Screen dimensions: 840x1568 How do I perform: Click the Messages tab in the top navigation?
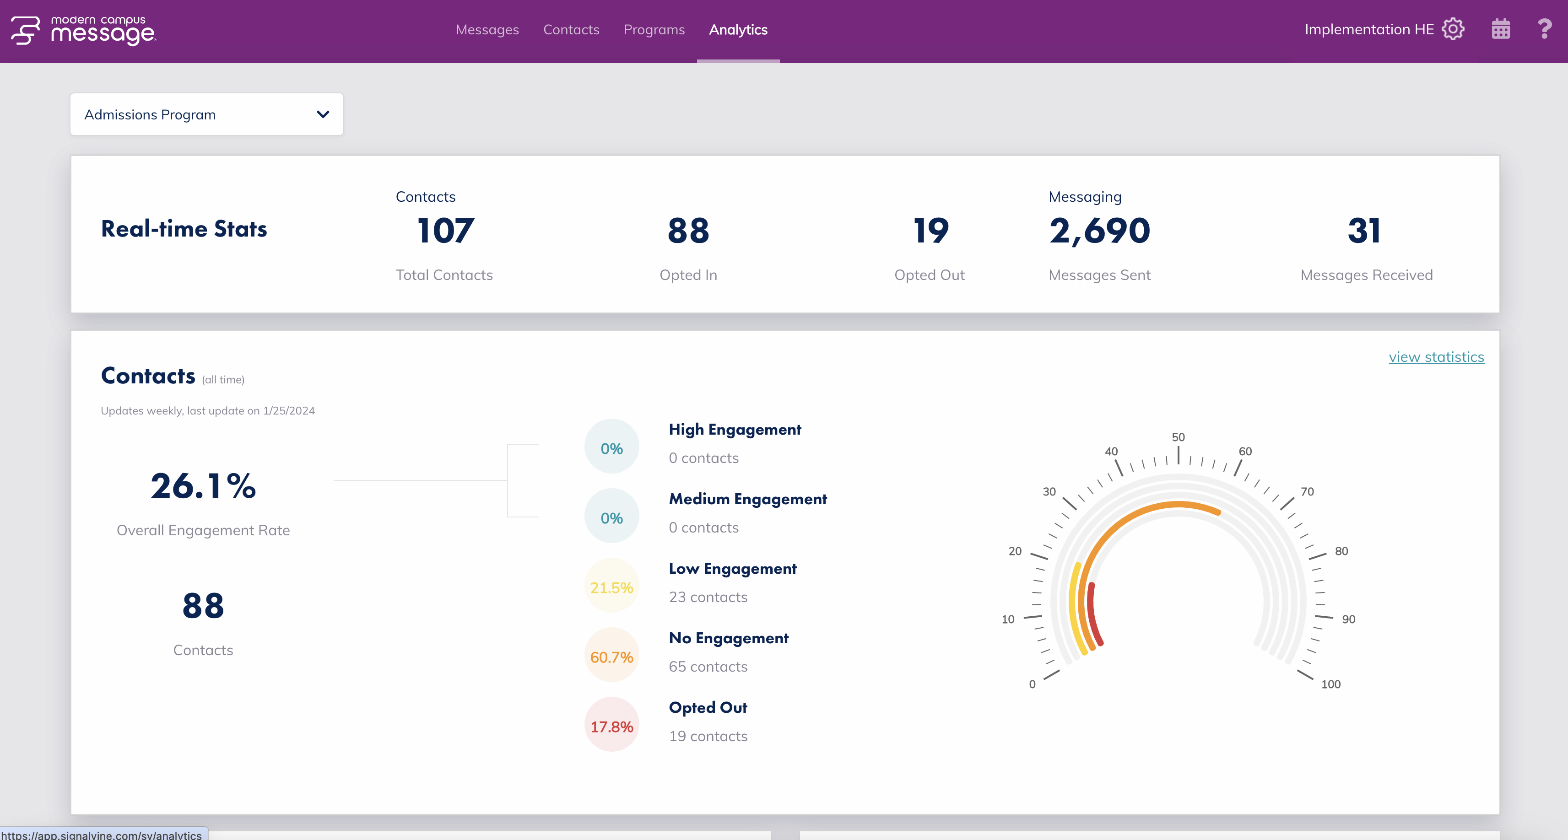pos(487,30)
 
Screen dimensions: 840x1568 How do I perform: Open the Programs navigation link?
pos(654,30)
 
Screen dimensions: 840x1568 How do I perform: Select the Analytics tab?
pos(738,30)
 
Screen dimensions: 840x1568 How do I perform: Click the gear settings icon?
pos(1453,29)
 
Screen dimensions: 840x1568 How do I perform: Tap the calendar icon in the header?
pos(1500,29)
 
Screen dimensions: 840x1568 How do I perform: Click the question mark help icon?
pos(1544,29)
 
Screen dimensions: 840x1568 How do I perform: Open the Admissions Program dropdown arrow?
pos(323,114)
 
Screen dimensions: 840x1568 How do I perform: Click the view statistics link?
pos(1436,357)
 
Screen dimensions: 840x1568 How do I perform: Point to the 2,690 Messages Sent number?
pos(1099,232)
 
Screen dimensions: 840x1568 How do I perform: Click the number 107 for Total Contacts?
pos(445,232)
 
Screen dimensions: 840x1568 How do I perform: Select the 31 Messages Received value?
pos(1363,232)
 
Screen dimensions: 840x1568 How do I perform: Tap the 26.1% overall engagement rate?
pos(203,486)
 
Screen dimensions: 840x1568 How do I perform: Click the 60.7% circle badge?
pos(611,657)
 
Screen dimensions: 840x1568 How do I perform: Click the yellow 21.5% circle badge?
pos(611,588)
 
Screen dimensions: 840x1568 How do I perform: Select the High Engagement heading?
pos(735,430)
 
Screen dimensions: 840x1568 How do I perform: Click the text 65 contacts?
pos(708,667)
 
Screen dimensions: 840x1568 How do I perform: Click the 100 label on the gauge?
pos(1330,684)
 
